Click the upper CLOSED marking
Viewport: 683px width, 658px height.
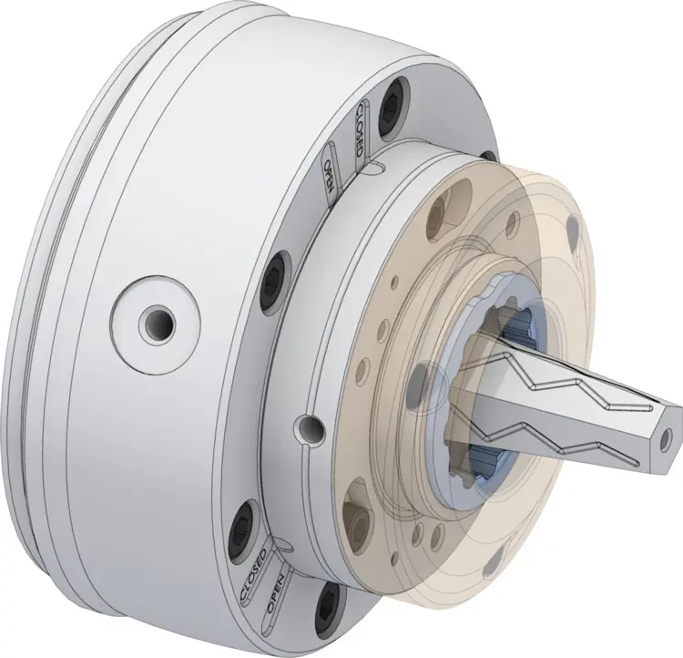click(x=359, y=129)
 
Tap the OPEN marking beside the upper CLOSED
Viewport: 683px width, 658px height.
click(x=330, y=176)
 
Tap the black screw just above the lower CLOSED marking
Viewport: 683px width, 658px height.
click(x=241, y=529)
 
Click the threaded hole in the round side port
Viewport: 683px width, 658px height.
click(x=156, y=324)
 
